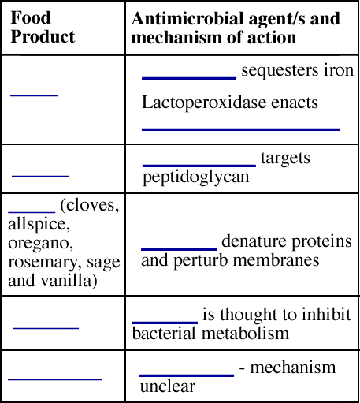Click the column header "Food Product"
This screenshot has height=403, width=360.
43,27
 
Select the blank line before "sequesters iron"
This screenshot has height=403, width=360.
189,78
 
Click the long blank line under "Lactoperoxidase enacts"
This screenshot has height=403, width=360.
241,129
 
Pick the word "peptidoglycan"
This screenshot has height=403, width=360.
195,177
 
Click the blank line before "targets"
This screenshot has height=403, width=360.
199,166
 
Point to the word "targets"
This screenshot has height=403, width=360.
285,159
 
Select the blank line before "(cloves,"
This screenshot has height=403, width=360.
32,211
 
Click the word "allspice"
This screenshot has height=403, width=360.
39,224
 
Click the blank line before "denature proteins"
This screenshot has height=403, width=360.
179,249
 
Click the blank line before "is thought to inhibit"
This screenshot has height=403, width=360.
165,323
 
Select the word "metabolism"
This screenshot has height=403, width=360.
245,334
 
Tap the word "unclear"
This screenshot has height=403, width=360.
168,386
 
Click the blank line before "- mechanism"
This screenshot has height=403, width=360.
187,375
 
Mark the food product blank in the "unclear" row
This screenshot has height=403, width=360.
55,379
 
